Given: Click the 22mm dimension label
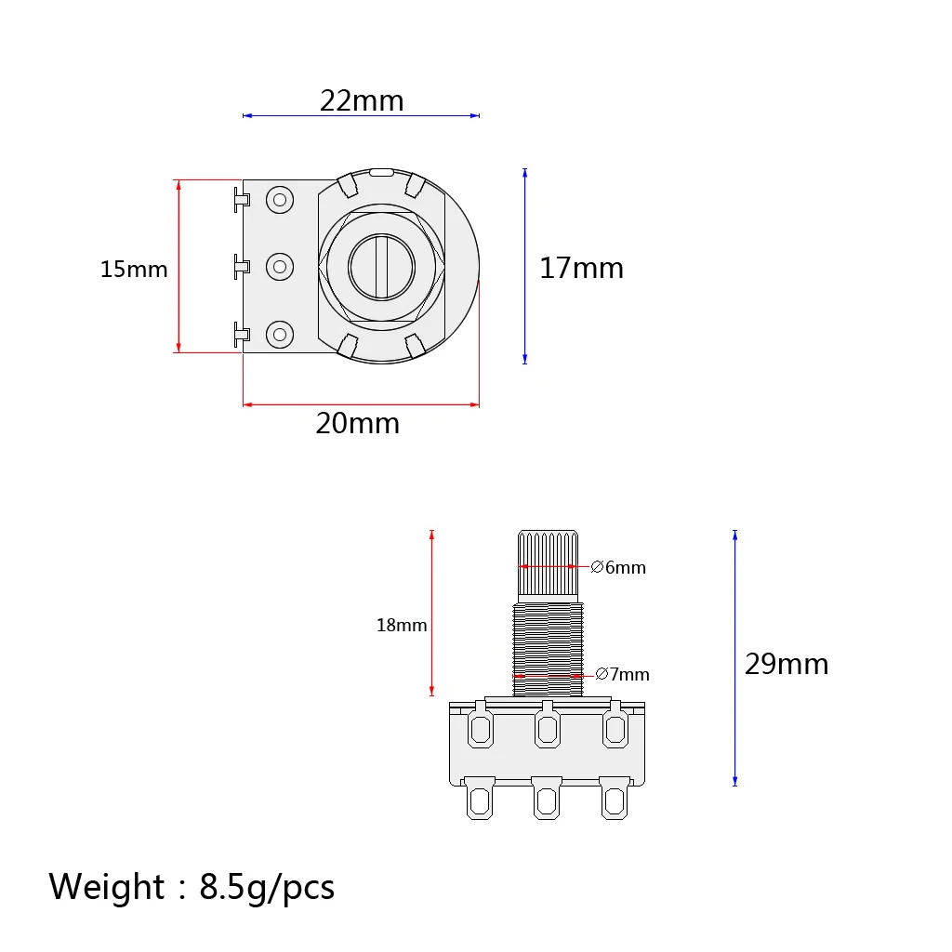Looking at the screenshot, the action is click(x=362, y=100).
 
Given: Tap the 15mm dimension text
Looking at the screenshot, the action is click(x=134, y=269).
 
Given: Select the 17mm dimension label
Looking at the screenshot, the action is click(x=581, y=268).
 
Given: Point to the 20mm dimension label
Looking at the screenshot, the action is click(x=358, y=423).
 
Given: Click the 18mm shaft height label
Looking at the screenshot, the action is click(x=402, y=625).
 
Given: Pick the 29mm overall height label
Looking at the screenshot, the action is click(x=787, y=664).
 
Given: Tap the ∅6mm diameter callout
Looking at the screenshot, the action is click(x=618, y=567).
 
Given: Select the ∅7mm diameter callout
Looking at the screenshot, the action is click(x=622, y=674).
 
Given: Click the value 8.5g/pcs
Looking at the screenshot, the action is click(x=267, y=888).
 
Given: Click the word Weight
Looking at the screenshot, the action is click(x=106, y=886).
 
